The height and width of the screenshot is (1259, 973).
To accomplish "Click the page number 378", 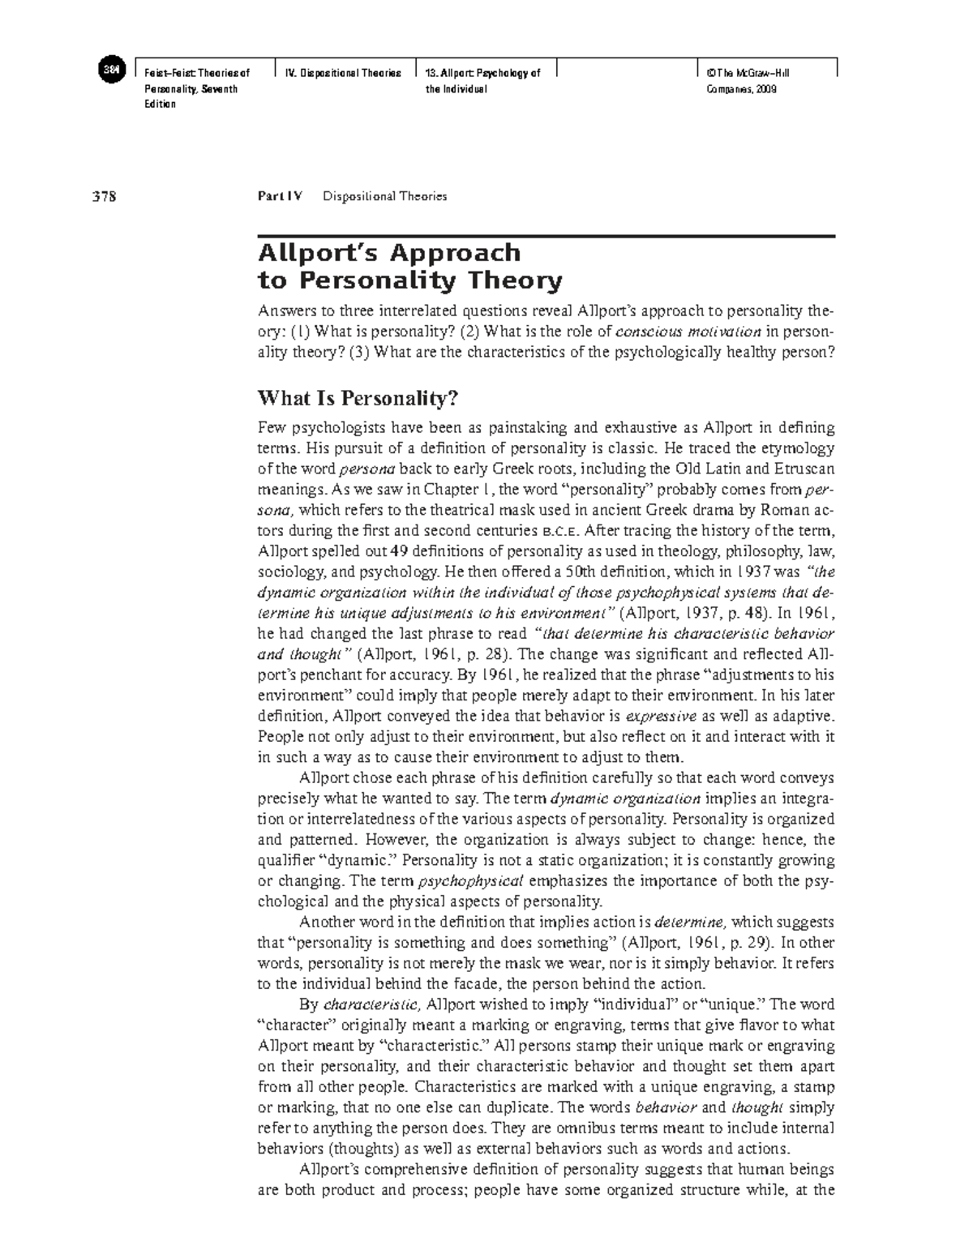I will coord(105,196).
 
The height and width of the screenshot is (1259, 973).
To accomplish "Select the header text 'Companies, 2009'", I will coord(742,89).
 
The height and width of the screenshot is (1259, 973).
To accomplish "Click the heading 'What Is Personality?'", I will coord(358,399).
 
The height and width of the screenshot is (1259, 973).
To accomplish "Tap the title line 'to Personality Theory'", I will coord(409,281).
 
